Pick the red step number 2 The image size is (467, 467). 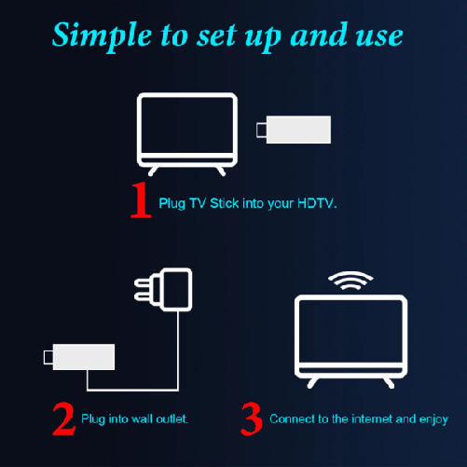pyautogui.click(x=63, y=419)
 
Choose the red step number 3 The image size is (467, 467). pyautogui.click(x=252, y=419)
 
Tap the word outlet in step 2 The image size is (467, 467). pyautogui.click(x=173, y=419)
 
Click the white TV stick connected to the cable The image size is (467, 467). pyautogui.click(x=85, y=356)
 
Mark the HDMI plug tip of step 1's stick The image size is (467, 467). pyautogui.click(x=261, y=130)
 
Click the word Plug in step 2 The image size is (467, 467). pyautogui.click(x=93, y=419)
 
